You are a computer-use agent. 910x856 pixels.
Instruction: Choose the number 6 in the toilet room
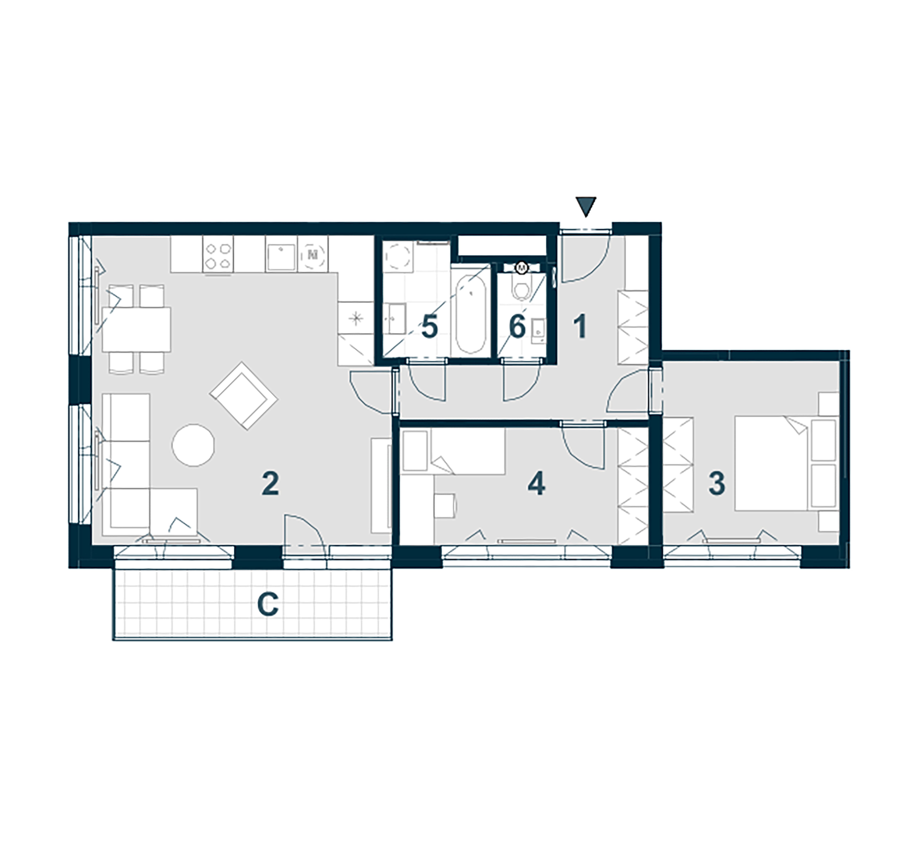tap(517, 328)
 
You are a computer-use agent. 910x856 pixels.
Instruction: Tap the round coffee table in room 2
tap(193, 445)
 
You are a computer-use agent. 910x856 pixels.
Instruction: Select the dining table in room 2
tap(136, 329)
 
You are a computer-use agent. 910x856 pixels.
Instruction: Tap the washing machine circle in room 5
tap(398, 256)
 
